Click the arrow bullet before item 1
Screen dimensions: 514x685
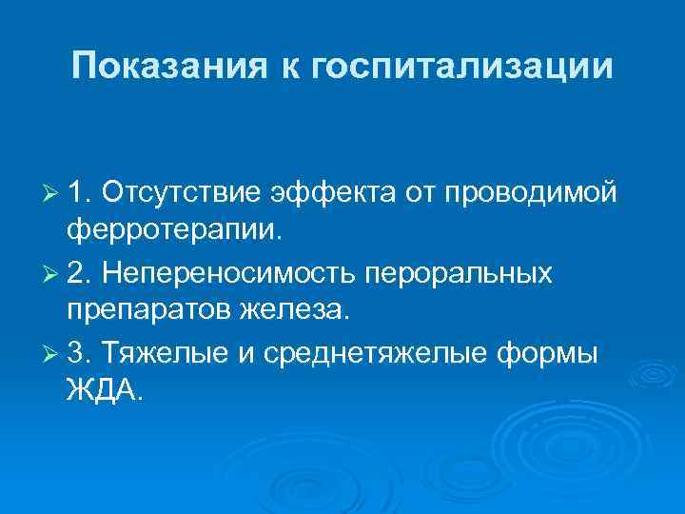coord(53,194)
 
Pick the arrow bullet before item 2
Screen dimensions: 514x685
coord(53,274)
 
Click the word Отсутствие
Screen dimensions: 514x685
coord(183,193)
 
